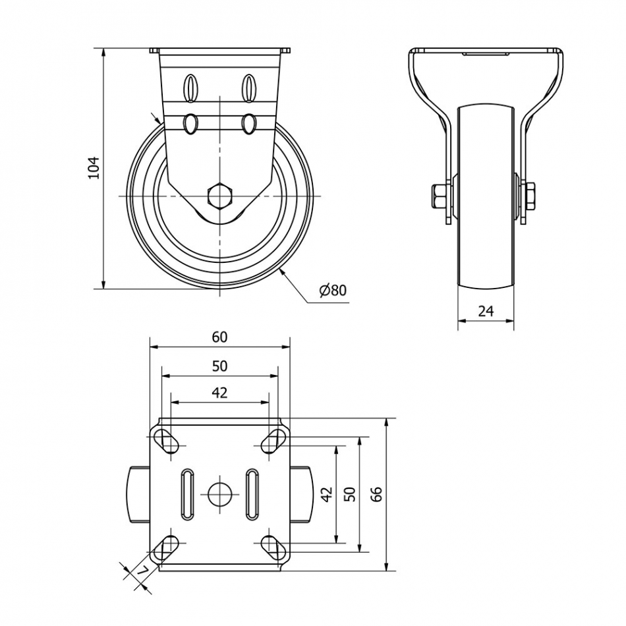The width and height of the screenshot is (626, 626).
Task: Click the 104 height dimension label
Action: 93,167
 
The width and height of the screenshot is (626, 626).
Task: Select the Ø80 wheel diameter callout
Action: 333,290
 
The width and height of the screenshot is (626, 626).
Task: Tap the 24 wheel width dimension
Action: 486,311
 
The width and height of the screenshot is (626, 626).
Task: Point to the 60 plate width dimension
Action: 219,337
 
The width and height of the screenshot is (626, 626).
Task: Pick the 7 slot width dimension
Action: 142,571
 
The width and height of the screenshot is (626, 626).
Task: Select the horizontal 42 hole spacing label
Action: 219,393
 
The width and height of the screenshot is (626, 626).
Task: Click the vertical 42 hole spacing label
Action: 327,494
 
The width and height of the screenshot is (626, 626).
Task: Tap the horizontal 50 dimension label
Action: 219,366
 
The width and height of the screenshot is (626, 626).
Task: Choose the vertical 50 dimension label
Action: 350,494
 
